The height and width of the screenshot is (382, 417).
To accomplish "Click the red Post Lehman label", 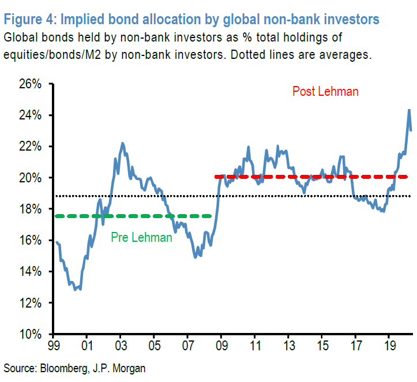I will (325, 91).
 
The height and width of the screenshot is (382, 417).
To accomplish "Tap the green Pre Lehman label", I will (141, 237).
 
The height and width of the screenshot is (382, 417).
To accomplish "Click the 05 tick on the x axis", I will (154, 346).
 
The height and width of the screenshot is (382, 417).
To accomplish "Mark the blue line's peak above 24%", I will (409, 110).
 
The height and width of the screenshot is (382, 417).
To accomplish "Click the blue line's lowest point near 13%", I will (76, 289).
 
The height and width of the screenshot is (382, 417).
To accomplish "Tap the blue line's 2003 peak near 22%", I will (122, 143).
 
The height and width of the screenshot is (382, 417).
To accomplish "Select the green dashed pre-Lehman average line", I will (133, 216).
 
